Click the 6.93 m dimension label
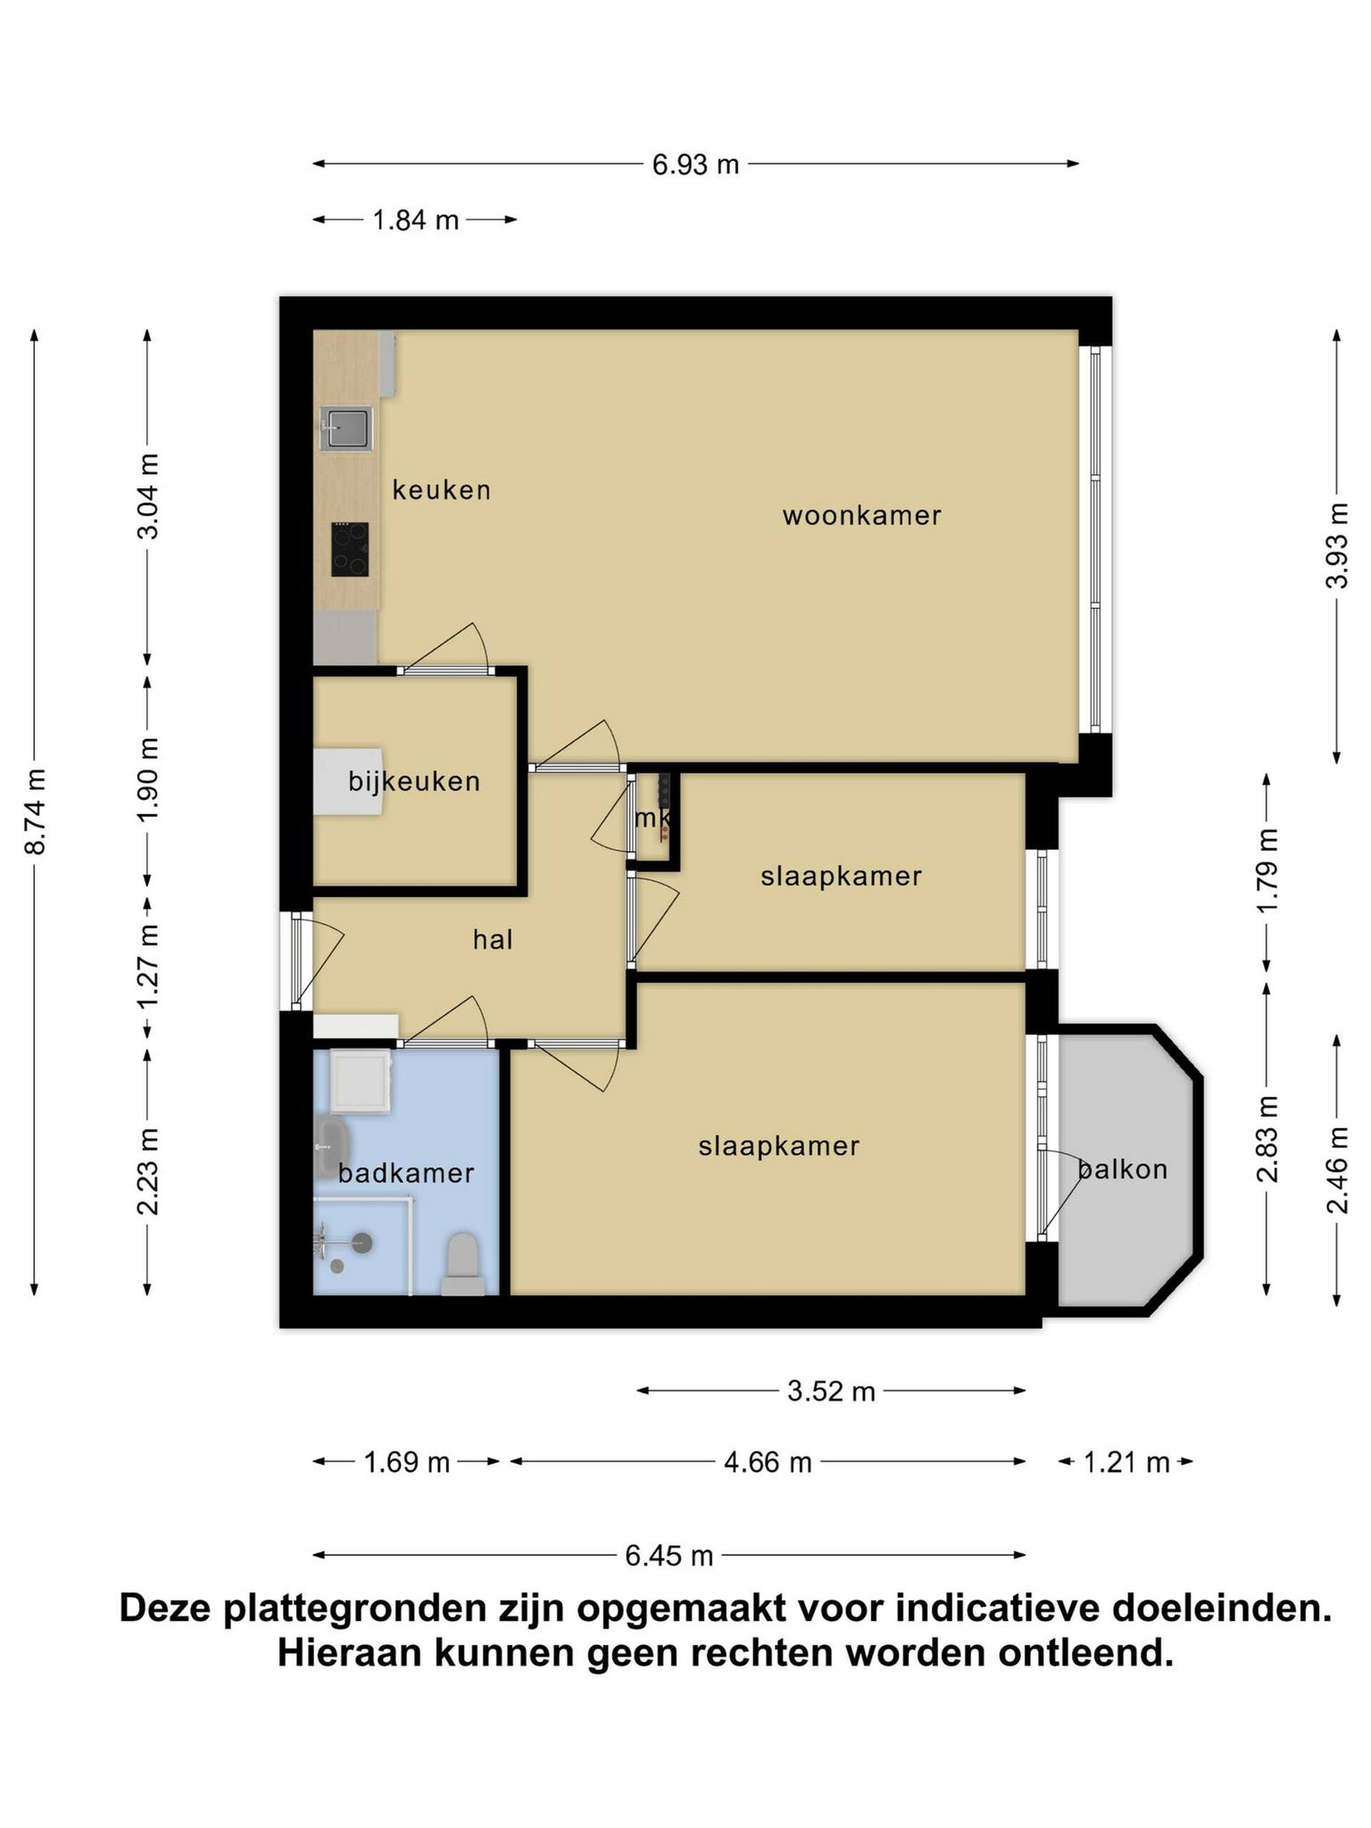[x=695, y=164]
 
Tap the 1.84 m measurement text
[x=416, y=220]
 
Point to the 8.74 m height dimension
[x=36, y=810]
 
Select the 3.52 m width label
[x=830, y=1391]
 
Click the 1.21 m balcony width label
[x=1126, y=1462]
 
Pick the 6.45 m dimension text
[x=668, y=1555]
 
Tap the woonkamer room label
[x=862, y=516]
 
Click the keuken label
[x=441, y=490]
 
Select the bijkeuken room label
[x=414, y=781]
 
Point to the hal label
[x=493, y=940]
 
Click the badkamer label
[x=406, y=1172]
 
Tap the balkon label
[x=1123, y=1170]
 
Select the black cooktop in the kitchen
[x=350, y=548]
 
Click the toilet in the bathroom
[x=462, y=1264]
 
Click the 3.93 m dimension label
[x=1336, y=546]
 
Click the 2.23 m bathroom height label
[x=148, y=1171]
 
